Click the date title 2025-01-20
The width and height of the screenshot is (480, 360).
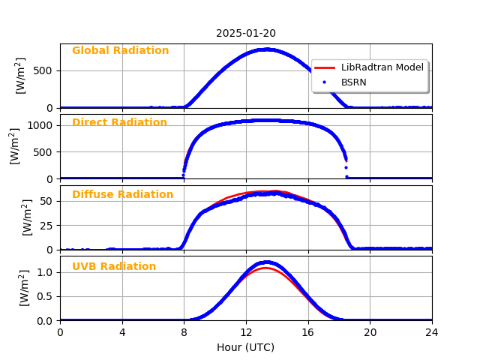(246, 34)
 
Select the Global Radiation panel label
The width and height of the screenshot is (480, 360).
(120, 51)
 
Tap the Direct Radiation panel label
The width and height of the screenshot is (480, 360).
(119, 123)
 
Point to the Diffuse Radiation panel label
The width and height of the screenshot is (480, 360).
(122, 195)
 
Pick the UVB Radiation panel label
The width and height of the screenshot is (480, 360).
(114, 267)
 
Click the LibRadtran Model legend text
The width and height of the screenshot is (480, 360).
(382, 67)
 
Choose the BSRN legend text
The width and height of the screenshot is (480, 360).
(354, 82)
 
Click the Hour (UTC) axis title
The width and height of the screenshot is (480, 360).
(246, 347)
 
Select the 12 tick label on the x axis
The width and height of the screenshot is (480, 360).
(246, 331)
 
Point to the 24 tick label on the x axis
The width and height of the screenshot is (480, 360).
(432, 331)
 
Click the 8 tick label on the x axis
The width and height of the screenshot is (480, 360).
(184, 331)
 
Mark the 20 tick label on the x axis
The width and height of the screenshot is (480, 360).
(370, 331)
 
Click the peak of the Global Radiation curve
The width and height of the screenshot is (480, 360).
(267, 49)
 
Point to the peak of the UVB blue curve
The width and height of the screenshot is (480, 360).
(265, 262)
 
